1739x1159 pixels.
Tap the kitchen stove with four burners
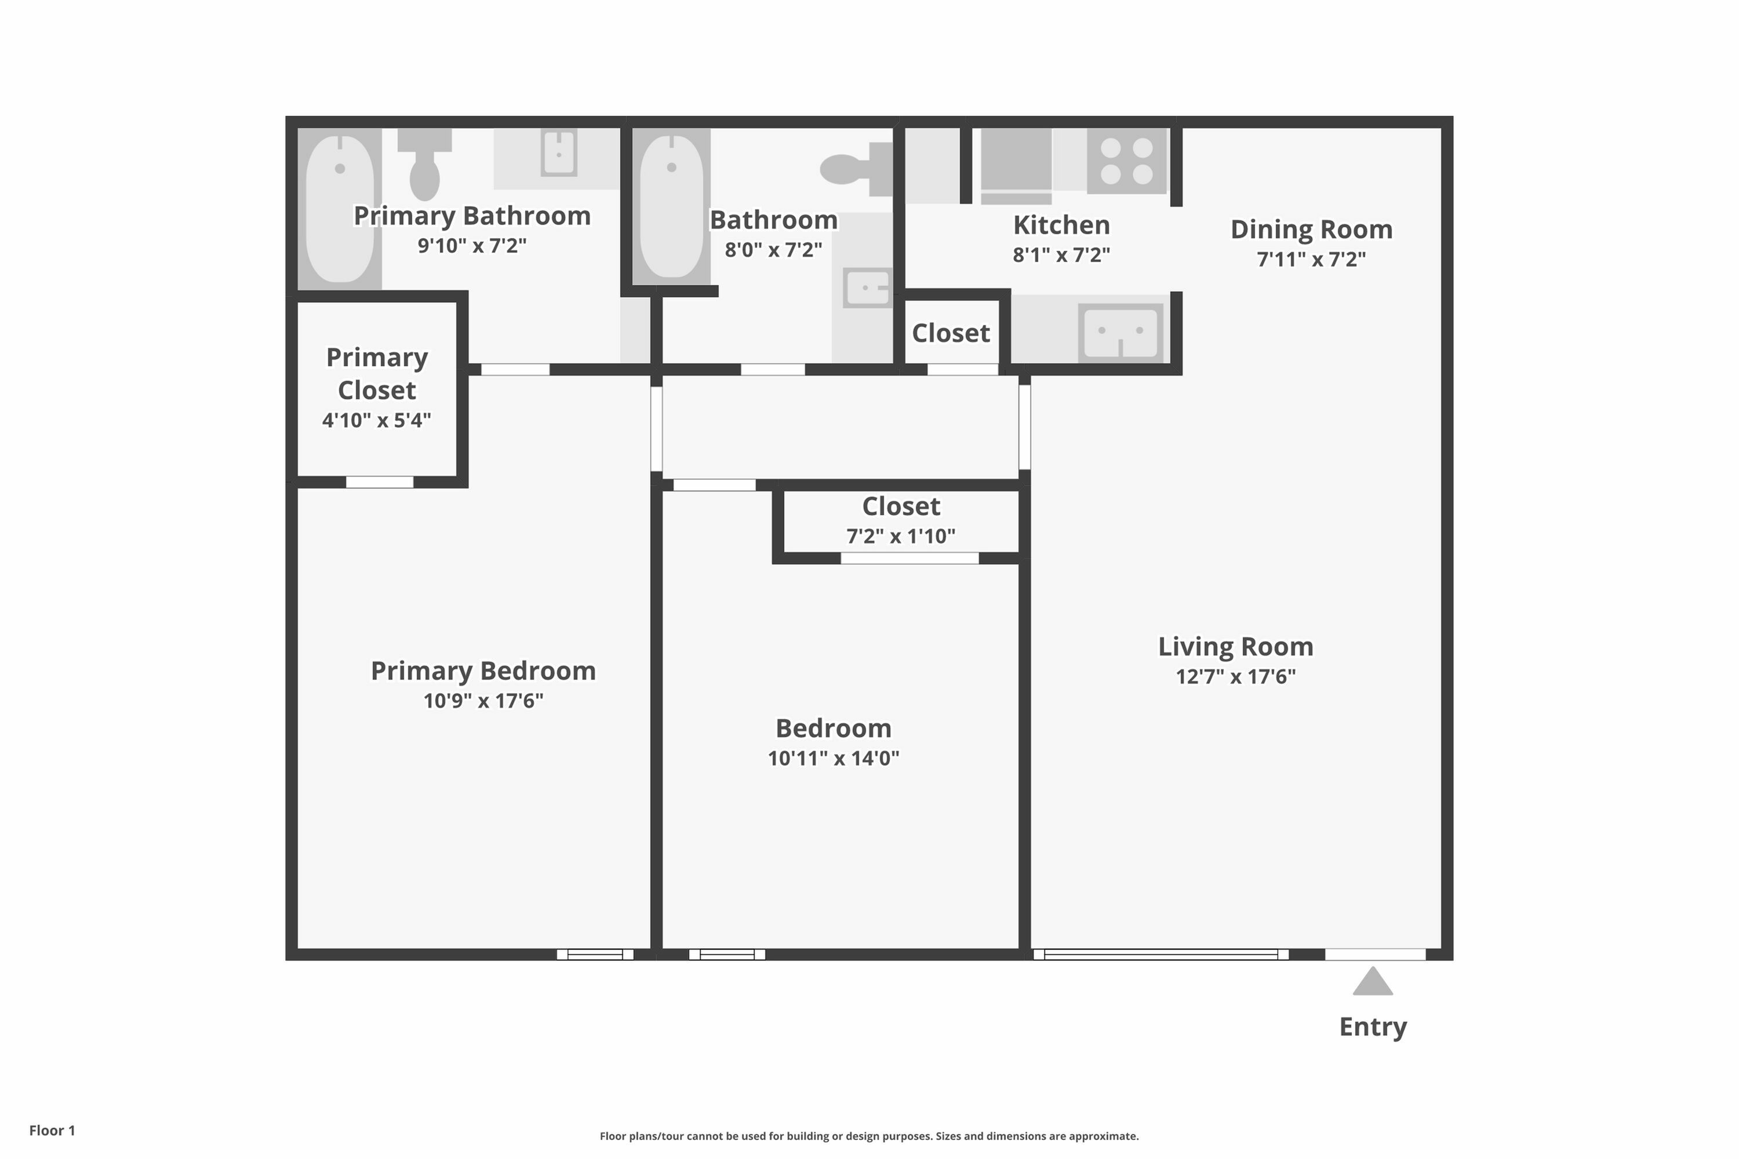click(1126, 161)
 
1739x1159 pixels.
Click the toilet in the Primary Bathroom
click(424, 164)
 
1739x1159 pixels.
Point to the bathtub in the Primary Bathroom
click(340, 209)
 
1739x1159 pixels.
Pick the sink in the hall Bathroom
click(867, 287)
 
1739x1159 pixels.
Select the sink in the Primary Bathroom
click(559, 153)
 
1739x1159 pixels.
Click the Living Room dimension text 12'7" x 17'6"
click(1235, 676)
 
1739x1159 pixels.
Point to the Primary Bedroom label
click(483, 670)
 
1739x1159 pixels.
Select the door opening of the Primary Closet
click(379, 482)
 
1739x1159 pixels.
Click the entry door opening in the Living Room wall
click(1374, 954)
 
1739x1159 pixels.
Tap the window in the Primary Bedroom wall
click(595, 954)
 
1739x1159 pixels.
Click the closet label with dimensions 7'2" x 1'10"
click(901, 506)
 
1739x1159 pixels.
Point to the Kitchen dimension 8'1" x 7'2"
click(1061, 255)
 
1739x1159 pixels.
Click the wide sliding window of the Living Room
click(1161, 954)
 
